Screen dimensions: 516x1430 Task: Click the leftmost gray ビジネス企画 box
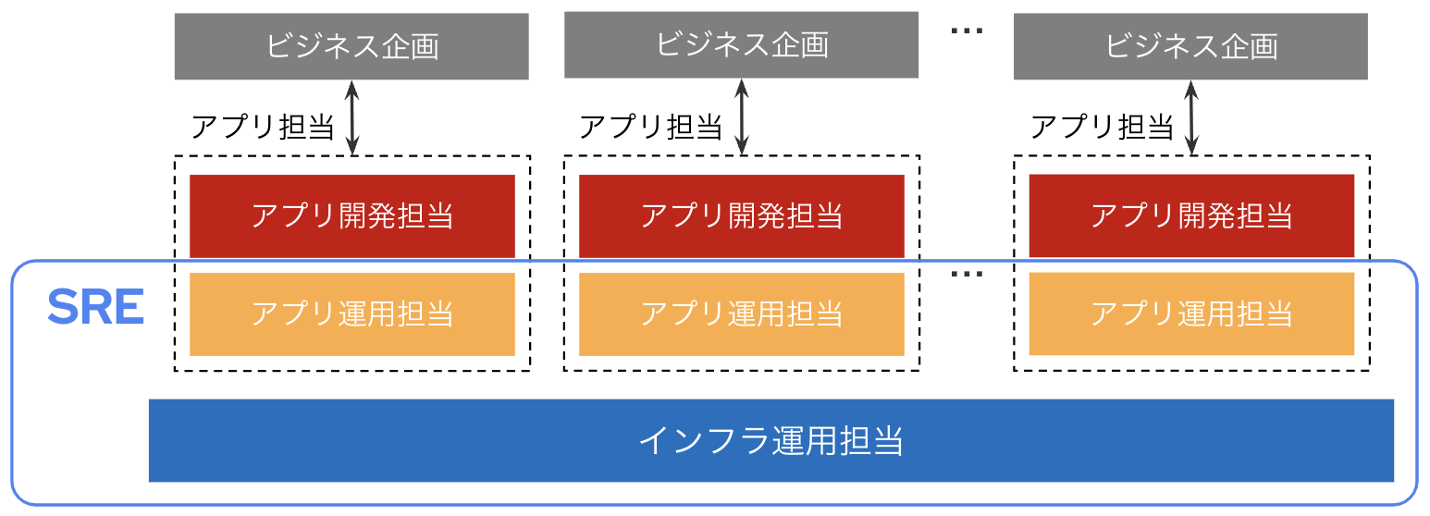pos(351,46)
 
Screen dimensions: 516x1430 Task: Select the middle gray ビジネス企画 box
pos(741,45)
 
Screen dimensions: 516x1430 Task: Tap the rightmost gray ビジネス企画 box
pos(1190,46)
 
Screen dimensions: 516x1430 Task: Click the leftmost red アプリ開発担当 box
pos(351,216)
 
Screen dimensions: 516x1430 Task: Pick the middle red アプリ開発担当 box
pos(741,216)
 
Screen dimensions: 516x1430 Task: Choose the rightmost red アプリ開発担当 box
pos(1190,215)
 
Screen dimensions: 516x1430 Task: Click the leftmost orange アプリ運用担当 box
pos(351,313)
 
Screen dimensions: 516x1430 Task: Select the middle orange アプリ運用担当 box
pos(741,313)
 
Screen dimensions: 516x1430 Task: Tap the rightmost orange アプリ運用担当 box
pos(1190,313)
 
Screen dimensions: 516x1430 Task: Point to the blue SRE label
pos(95,308)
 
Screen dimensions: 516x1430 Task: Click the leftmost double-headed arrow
pos(351,117)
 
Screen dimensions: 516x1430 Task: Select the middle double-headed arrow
pos(741,117)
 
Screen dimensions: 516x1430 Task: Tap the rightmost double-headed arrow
pos(1191,117)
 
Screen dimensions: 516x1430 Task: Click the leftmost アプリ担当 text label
pos(262,127)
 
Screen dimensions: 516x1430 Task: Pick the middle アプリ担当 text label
pos(650,127)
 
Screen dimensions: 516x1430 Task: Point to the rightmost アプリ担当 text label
pos(1101,127)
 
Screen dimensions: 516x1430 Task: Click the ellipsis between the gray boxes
pos(967,31)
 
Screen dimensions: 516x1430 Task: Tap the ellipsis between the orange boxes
pos(967,274)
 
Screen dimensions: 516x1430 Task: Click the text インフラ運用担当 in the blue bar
pos(770,441)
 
